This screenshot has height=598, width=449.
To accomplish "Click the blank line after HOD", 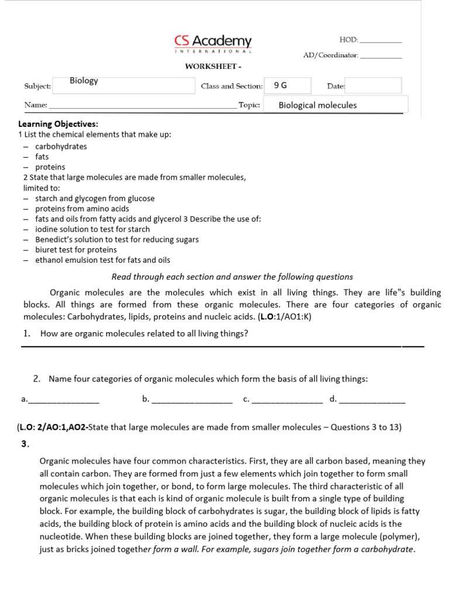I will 381,41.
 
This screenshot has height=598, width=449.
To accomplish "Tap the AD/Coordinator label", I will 330,55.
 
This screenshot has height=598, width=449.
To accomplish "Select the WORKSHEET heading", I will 209,67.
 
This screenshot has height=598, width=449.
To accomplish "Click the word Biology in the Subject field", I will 84,81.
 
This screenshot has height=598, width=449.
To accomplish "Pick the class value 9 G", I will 281,85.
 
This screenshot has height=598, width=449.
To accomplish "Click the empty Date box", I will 374,86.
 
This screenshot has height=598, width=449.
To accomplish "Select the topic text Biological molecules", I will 317,105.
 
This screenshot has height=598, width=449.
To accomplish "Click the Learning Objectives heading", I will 58,124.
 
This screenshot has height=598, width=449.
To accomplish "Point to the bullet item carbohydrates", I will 61,147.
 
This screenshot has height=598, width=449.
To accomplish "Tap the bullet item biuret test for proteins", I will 76,250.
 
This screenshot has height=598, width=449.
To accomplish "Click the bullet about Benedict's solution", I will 117,239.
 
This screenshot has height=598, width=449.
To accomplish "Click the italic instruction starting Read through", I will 232,277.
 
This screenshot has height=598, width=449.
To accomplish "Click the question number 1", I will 27,333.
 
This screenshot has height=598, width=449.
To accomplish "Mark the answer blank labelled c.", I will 286,401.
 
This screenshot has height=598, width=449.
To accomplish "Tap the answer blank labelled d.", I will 372,401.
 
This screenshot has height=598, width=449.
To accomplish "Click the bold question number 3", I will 25,444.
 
